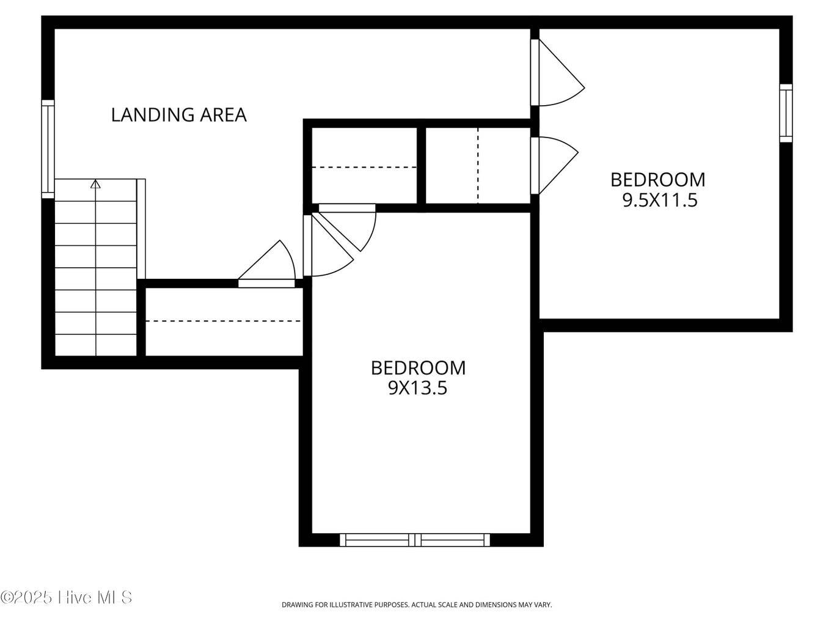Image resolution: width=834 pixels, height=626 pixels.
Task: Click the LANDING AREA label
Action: tap(178, 115)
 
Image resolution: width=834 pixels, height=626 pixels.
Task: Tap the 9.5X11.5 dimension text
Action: tap(660, 200)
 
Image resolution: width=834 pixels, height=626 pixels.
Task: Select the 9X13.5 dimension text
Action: tap(417, 388)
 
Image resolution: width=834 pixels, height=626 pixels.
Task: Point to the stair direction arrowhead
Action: tap(95, 185)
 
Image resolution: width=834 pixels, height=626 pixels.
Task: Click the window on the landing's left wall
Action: tap(48, 149)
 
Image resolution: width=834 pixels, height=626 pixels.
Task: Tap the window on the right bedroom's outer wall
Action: tap(786, 113)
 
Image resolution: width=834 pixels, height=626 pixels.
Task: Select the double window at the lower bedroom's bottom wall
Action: tap(414, 540)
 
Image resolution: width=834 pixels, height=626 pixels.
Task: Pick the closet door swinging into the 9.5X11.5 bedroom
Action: tap(554, 165)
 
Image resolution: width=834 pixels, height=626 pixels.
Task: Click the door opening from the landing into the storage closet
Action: tap(267, 263)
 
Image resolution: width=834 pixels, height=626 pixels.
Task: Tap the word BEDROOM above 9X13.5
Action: tap(418, 368)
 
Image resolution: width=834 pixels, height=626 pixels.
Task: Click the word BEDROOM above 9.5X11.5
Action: tap(657, 180)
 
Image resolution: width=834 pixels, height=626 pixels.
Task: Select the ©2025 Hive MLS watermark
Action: tap(66, 597)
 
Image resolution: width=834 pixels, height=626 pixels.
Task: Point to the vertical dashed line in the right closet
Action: tap(478, 165)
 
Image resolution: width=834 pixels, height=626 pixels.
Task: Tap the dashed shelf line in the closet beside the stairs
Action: tap(224, 321)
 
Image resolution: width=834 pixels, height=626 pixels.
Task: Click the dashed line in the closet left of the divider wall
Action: tap(364, 168)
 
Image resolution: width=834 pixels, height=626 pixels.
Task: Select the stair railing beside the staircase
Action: tap(141, 229)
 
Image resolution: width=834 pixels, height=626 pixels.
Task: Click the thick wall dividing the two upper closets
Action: tap(421, 165)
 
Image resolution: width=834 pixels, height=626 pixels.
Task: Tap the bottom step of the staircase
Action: tap(95, 345)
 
